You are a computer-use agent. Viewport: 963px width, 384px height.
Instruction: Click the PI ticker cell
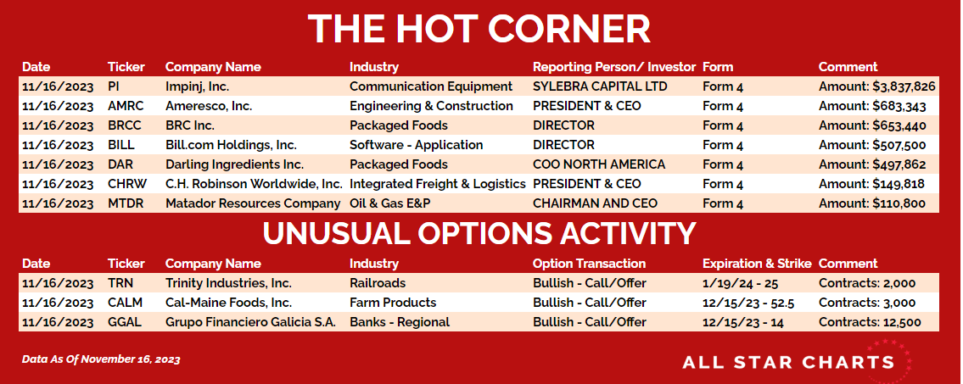113,86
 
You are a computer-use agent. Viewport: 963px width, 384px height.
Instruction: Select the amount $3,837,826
904,87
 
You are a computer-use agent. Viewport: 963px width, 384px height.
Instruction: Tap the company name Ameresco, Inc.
209,106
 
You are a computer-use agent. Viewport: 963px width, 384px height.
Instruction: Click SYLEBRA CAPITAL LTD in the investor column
599,86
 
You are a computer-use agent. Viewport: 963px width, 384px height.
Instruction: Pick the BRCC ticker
124,125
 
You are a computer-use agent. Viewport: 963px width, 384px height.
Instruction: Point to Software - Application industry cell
417,146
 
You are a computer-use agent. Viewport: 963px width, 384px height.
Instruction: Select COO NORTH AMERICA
599,164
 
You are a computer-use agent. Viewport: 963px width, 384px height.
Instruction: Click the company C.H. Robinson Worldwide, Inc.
255,184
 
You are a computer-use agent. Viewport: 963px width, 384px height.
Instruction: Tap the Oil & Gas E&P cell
390,203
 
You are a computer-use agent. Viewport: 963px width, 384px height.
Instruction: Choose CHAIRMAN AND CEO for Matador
595,203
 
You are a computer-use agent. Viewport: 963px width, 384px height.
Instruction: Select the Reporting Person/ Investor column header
614,67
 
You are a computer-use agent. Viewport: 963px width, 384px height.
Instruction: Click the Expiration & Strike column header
758,264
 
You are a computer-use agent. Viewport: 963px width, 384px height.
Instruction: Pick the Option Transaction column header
589,264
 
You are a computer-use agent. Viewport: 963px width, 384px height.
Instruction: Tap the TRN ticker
120,283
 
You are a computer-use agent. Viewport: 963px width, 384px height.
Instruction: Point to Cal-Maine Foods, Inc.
228,303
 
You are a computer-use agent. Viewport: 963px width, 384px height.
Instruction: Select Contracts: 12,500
870,323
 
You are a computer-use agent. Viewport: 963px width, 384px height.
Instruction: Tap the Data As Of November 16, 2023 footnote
101,359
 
